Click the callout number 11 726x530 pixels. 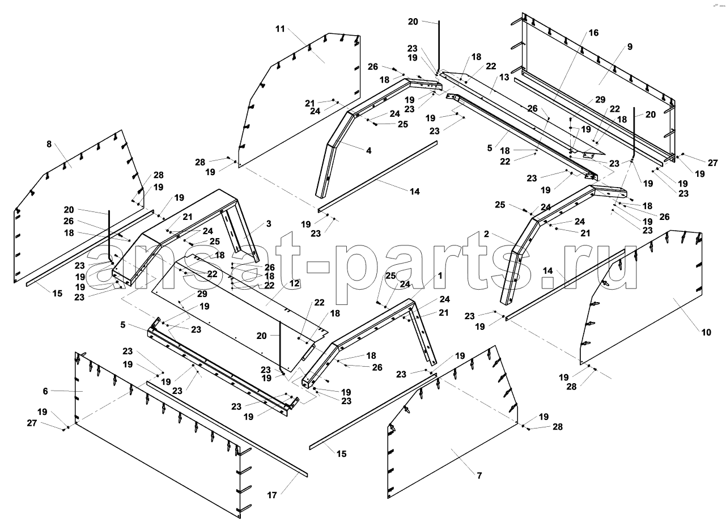tap(280, 29)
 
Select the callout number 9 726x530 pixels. tap(630, 46)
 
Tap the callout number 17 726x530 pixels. tap(272, 495)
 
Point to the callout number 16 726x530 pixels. tap(593, 33)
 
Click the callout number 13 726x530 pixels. tap(504, 77)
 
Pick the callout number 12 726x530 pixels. tap(294, 283)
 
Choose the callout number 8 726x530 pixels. tap(49, 144)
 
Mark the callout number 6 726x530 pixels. tap(45, 391)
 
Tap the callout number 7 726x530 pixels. tap(479, 476)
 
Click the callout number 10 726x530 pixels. tap(706, 332)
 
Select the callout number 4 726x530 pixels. tap(368, 150)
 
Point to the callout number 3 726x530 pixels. tap(269, 224)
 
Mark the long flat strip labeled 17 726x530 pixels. tap(227, 429)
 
